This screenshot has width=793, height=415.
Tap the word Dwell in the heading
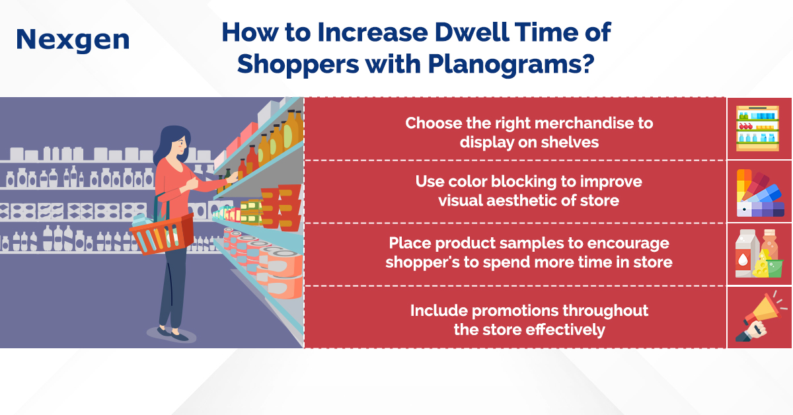pyautogui.click(x=472, y=32)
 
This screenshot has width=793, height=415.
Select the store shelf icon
pyautogui.click(x=757, y=129)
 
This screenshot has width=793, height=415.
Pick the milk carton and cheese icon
pyautogui.click(x=759, y=253)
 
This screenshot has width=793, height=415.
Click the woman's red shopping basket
pyautogui.click(x=162, y=234)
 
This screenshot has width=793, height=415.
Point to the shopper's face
pyautogui.click(x=180, y=147)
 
